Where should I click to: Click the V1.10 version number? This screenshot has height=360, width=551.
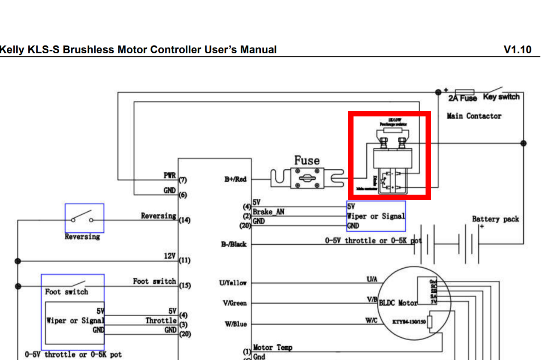click(518, 50)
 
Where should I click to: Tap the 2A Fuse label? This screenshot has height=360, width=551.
click(463, 98)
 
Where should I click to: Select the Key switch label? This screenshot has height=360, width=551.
click(501, 97)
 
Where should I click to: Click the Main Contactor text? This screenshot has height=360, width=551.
click(474, 116)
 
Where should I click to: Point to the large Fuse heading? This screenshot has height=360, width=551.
click(307, 161)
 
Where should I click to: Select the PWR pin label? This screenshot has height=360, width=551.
click(169, 176)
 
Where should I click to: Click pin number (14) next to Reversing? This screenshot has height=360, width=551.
click(185, 220)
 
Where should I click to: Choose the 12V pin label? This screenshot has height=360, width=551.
click(170, 256)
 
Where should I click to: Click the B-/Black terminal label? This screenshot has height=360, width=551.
click(235, 244)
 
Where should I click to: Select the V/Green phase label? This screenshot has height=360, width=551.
click(235, 303)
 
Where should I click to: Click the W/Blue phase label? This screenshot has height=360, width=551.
click(236, 324)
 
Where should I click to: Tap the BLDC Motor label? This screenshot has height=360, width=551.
click(398, 303)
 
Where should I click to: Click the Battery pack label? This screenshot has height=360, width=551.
click(495, 219)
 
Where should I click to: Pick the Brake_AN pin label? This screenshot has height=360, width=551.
click(268, 212)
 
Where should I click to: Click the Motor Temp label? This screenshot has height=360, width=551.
click(273, 348)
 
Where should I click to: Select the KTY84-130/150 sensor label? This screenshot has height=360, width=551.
click(409, 321)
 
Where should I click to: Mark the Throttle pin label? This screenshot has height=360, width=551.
click(161, 320)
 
